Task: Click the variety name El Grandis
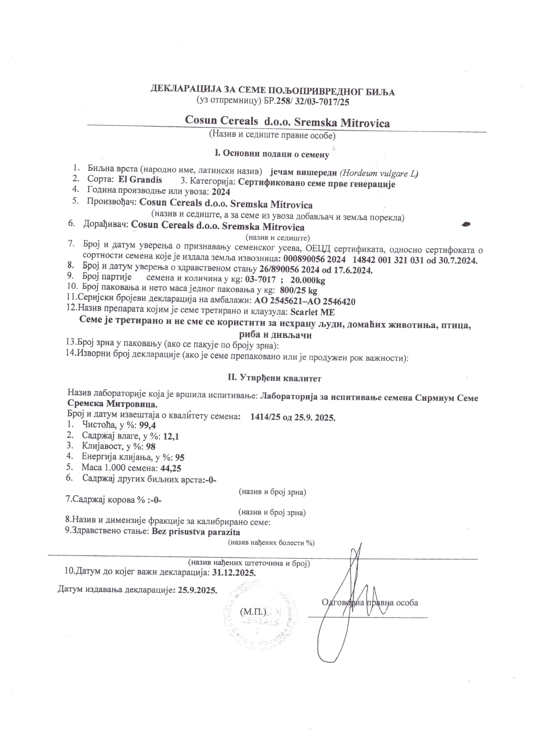pos(140,179)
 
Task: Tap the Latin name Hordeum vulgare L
pos(379,173)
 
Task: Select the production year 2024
pos(221,192)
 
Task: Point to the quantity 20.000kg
pos(308,280)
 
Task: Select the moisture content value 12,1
pos(171,436)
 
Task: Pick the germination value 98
pos(151,446)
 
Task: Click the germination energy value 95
pos(180,458)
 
